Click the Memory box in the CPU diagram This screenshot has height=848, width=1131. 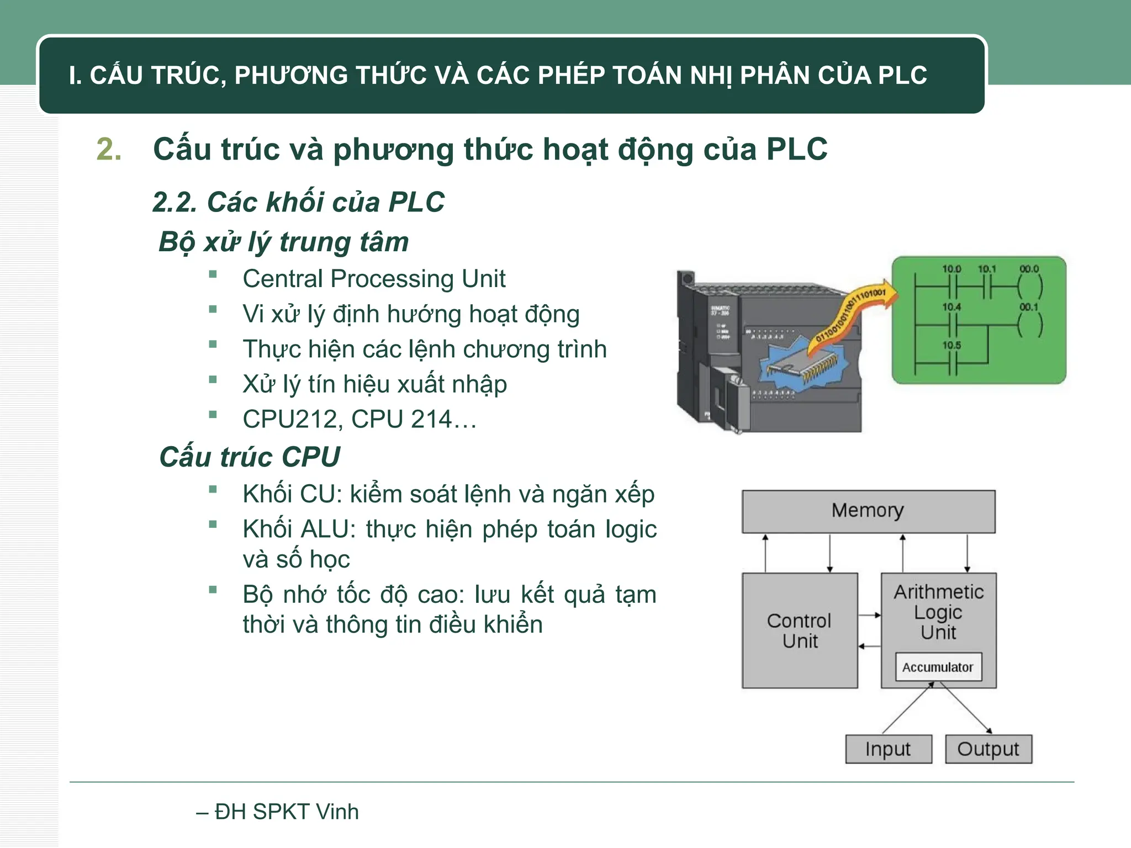pyautogui.click(x=868, y=511)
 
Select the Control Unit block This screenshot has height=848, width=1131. pyautogui.click(x=799, y=630)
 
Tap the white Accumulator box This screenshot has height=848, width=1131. pyautogui.click(x=938, y=667)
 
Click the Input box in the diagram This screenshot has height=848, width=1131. pyautogui.click(x=888, y=749)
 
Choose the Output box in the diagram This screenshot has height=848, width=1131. pyautogui.click(x=988, y=749)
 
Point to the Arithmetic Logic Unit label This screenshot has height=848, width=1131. pyautogui.click(x=939, y=612)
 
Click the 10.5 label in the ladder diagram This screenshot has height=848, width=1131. pyautogui.click(x=951, y=346)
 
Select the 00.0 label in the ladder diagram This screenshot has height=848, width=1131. pyautogui.click(x=1029, y=269)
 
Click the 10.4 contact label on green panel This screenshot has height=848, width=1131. pyautogui.click(x=951, y=307)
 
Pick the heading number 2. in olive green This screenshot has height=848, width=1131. pyautogui.click(x=109, y=150)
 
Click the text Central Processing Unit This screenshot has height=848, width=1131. pyautogui.click(x=374, y=279)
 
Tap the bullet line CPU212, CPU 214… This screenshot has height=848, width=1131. pyautogui.click(x=359, y=420)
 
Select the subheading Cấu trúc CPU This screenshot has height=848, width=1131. pyautogui.click(x=250, y=457)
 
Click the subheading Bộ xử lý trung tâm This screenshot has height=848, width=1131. pyautogui.click(x=284, y=242)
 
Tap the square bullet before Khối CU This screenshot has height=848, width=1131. pyautogui.click(x=213, y=489)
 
